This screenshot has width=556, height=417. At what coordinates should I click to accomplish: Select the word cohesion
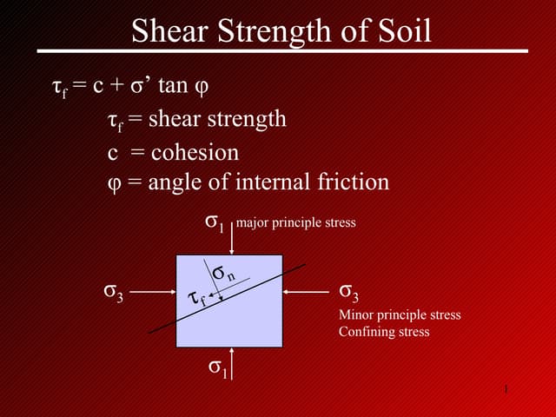click(195, 152)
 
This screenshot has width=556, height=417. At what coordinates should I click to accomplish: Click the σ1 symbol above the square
click(215, 222)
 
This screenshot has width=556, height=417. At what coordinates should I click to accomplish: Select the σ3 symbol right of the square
click(348, 291)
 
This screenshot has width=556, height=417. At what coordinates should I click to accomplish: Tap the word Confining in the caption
click(364, 331)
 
